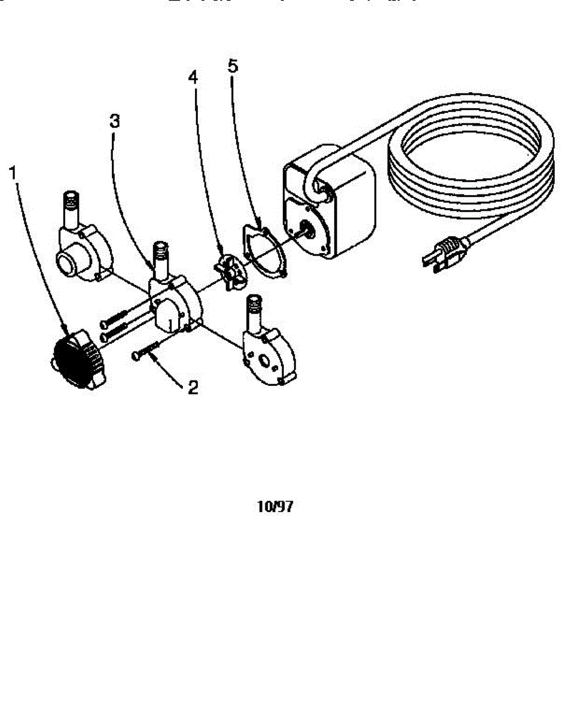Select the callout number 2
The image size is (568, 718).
pyautogui.click(x=193, y=388)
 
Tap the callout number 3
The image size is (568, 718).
pyautogui.click(x=115, y=121)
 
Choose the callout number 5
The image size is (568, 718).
pyautogui.click(x=233, y=66)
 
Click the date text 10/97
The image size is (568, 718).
pyautogui.click(x=275, y=507)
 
